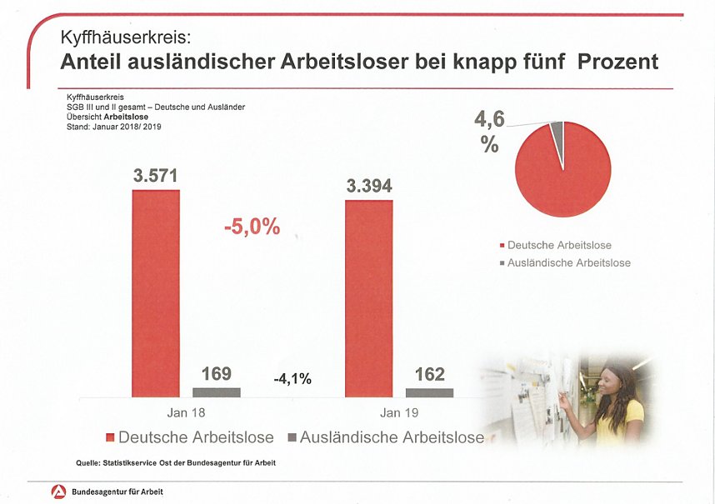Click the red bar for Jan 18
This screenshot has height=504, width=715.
(156, 293)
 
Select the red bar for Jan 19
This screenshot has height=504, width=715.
(368, 298)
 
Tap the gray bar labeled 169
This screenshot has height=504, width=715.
(216, 392)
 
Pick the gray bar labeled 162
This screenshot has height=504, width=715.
(429, 392)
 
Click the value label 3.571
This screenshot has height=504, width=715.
(156, 176)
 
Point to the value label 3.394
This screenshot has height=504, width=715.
(368, 186)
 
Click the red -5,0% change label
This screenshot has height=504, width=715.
(252, 227)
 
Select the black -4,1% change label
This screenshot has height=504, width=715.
(292, 379)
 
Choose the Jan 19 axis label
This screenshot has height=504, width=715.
(398, 413)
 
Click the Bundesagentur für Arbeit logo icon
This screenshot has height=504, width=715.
(58, 492)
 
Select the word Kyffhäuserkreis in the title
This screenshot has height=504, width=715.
(125, 38)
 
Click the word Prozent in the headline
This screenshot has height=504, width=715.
(616, 62)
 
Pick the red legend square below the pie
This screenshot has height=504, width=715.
(502, 246)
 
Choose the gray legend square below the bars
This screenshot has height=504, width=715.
(292, 437)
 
